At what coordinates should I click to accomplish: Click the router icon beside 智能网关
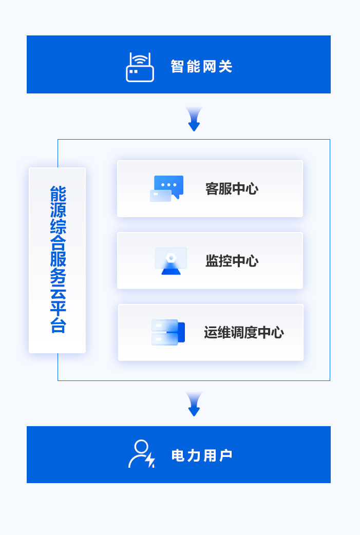pyautogui.click(x=140, y=67)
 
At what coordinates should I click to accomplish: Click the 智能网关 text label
pyautogui.click(x=201, y=67)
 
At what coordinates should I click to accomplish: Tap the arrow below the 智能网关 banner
pyautogui.click(x=194, y=119)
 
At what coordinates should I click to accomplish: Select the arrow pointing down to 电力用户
pyautogui.click(x=194, y=404)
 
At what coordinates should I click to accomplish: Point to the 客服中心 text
pyautogui.click(x=232, y=189)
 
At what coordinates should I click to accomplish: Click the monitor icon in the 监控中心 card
pyautogui.click(x=171, y=261)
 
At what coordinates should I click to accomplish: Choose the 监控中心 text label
pyautogui.click(x=232, y=261)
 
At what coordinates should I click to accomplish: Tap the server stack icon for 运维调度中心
pyautogui.click(x=168, y=332)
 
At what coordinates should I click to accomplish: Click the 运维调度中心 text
pyautogui.click(x=243, y=333)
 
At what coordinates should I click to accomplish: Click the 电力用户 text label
pyautogui.click(x=201, y=455)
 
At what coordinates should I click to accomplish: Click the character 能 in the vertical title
pyautogui.click(x=58, y=194)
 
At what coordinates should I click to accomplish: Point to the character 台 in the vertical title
pyautogui.click(x=58, y=325)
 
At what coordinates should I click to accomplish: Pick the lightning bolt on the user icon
pyautogui.click(x=150, y=460)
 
